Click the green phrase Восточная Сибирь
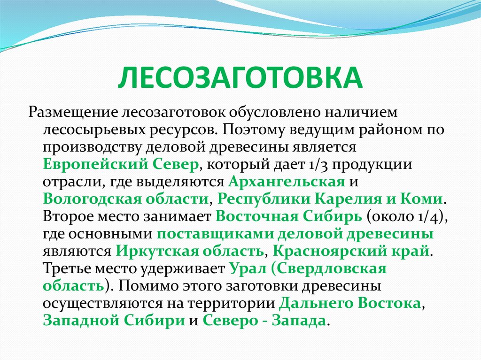click(288, 216)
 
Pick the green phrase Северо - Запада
click(264, 320)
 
